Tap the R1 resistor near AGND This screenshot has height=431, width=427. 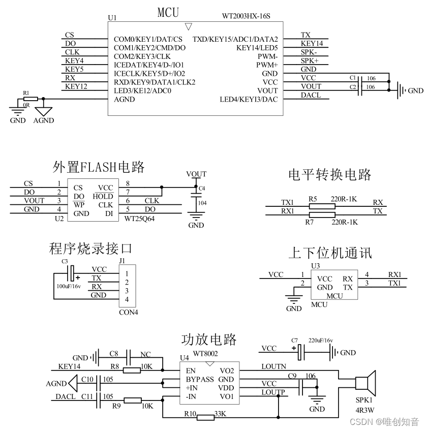[29, 99]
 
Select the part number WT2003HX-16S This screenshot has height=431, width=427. [246, 16]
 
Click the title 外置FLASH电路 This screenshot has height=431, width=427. [99, 167]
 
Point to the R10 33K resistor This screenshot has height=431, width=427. [205, 418]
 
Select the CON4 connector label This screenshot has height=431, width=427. [128, 312]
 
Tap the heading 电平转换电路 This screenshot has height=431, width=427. [330, 175]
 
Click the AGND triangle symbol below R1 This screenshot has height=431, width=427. [44, 109]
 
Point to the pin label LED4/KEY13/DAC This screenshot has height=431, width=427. [249, 99]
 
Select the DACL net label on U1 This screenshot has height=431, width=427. [311, 95]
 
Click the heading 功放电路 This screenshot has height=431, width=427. [209, 339]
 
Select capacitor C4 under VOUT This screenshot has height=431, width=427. [196, 195]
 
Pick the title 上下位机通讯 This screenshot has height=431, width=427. [330, 253]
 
